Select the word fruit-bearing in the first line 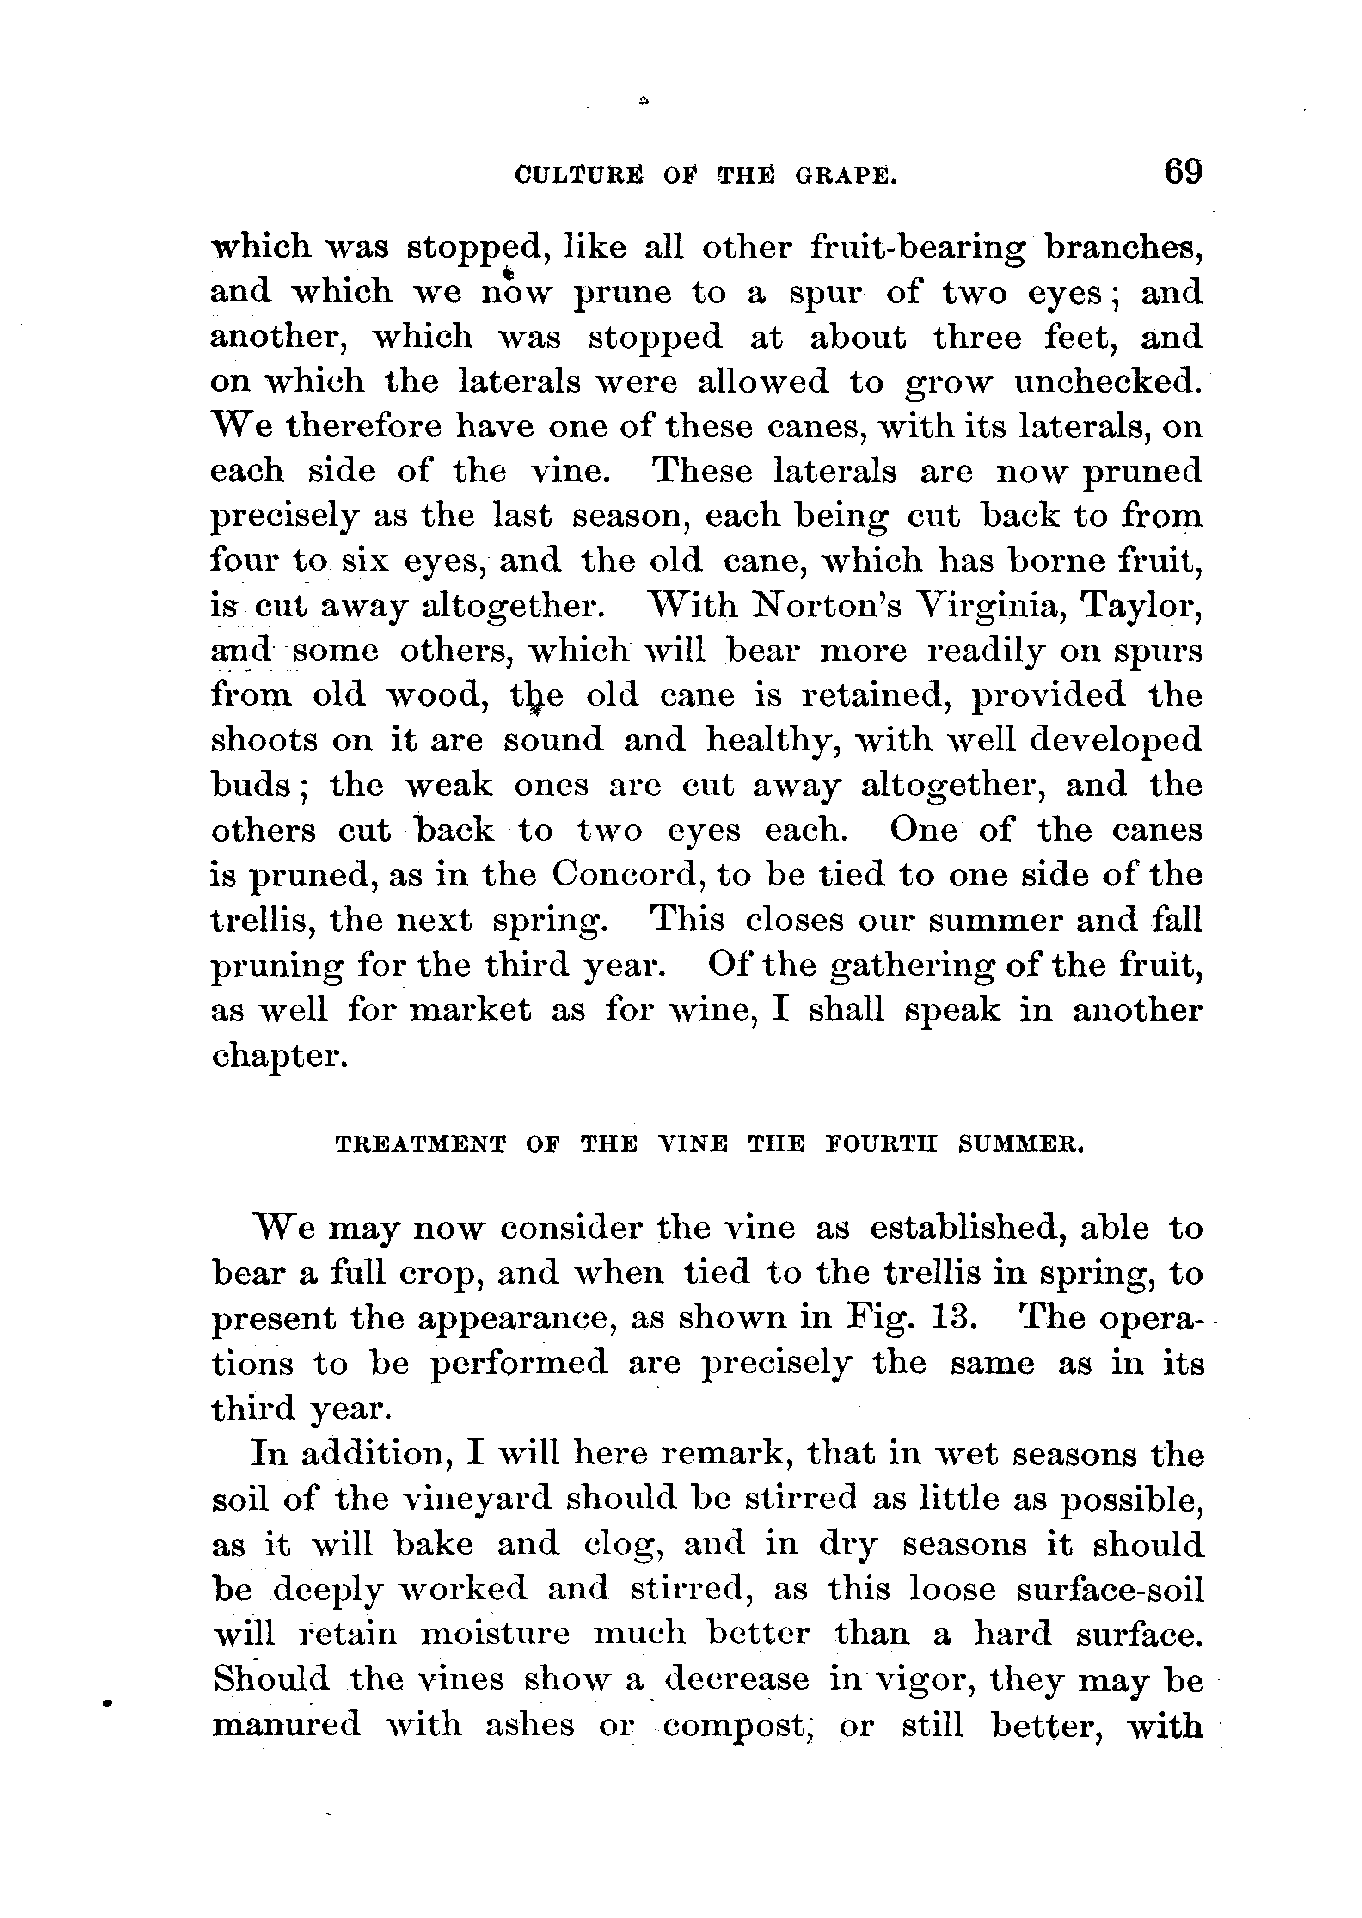coord(918,248)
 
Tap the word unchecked coord(1107,382)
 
